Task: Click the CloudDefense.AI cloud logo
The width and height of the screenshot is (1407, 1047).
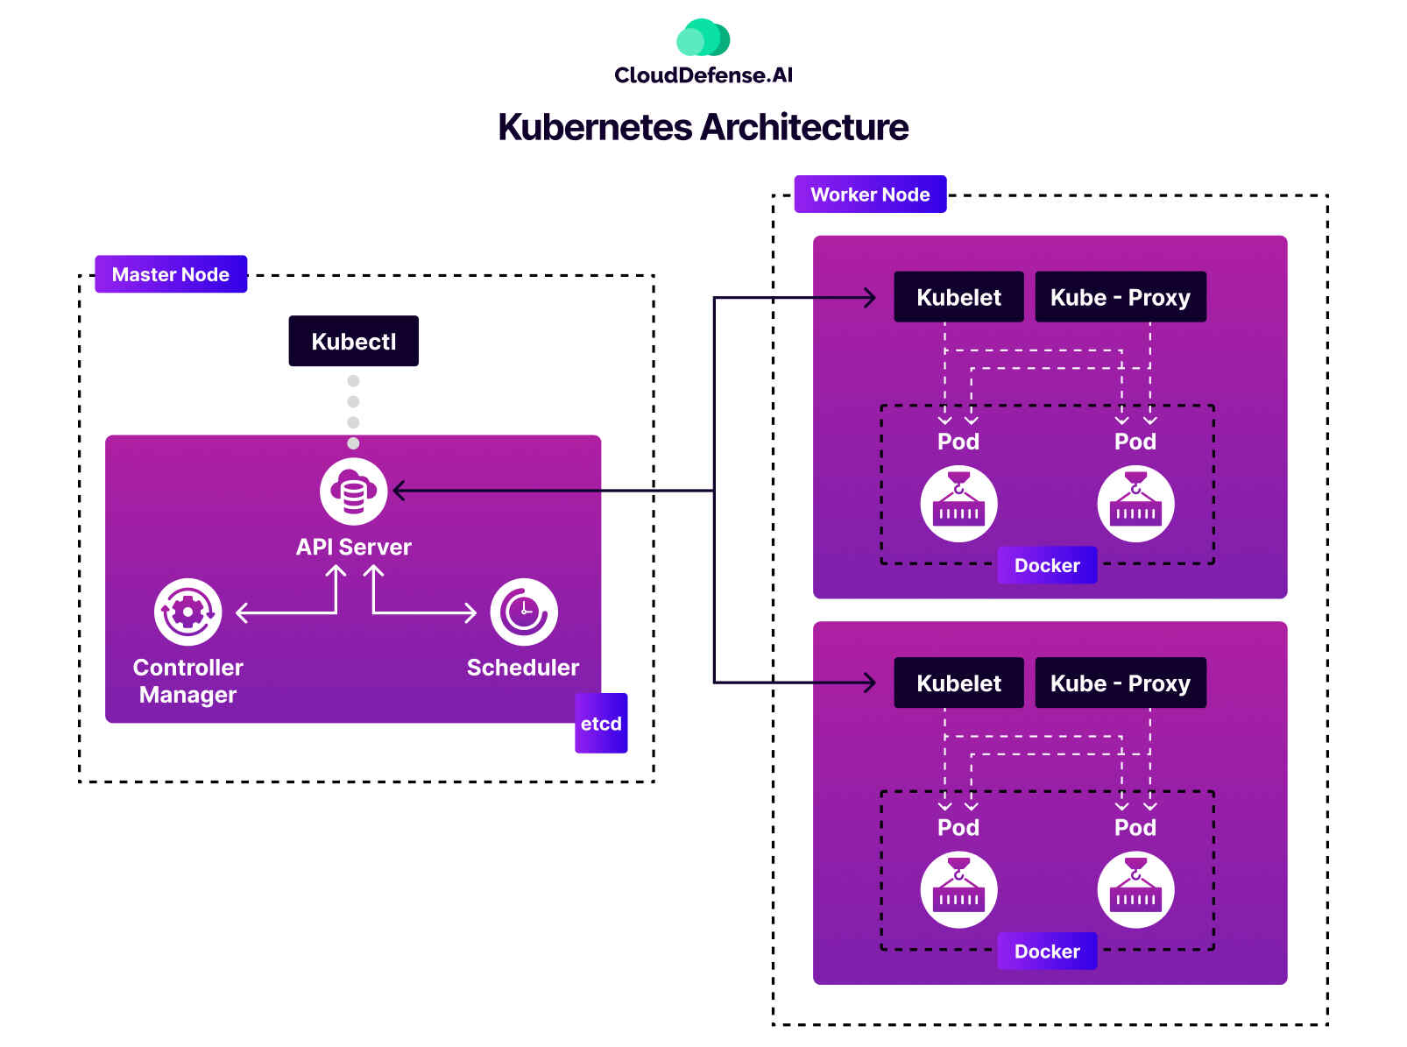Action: coord(703,39)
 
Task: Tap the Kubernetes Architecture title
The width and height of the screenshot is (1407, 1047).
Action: coord(703,127)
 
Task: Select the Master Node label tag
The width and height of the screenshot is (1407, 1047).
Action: coord(171,274)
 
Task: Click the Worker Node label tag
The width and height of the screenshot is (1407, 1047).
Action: coord(870,195)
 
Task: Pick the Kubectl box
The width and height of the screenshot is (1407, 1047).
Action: coord(353,341)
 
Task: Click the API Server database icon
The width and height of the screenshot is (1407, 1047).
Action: coord(353,492)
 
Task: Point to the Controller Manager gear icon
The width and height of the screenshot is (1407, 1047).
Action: coord(187,612)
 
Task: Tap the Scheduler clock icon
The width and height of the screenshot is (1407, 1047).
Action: coord(523,612)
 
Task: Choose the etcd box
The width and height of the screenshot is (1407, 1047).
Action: coord(601,724)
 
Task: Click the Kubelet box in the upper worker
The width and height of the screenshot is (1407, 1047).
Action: coord(958,297)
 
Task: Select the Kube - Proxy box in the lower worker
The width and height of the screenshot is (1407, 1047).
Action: coord(1120,683)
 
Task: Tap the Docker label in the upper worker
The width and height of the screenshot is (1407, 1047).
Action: coord(1047,566)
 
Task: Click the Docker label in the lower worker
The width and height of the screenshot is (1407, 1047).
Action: coord(1047,951)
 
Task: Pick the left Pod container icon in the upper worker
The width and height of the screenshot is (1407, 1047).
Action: coord(958,504)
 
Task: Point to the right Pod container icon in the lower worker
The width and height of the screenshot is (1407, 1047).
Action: coord(1135,890)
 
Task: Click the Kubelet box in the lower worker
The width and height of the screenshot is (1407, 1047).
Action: coord(958,683)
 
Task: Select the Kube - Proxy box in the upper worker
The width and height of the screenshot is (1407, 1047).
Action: coord(1120,297)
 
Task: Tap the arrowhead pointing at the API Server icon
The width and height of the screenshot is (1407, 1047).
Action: coord(399,491)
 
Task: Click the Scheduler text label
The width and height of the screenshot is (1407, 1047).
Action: coord(523,668)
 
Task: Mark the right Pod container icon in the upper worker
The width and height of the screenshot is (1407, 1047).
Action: coord(1135,504)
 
